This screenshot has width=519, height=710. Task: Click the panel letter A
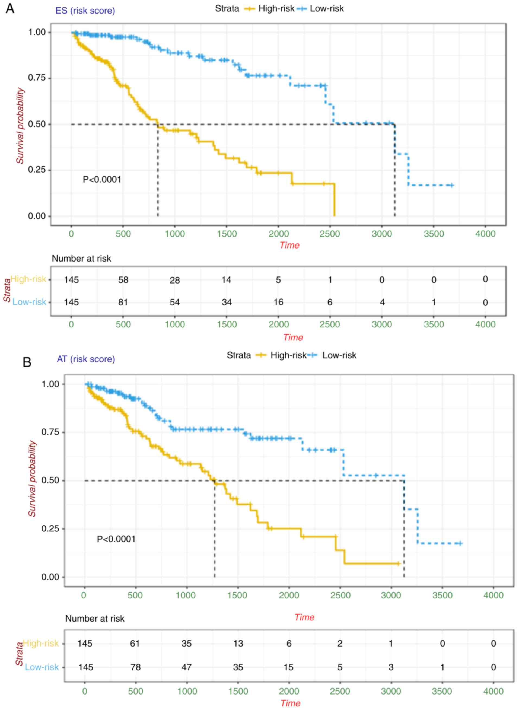(x=10, y=8)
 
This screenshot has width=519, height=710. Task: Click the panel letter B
(x=27, y=362)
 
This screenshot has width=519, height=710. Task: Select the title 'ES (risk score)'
(x=85, y=11)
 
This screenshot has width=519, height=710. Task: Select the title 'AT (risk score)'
(x=86, y=359)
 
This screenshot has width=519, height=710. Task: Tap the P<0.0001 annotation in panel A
(x=102, y=179)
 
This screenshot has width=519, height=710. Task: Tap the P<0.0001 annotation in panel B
(x=116, y=539)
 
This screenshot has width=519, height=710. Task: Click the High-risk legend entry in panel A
(x=276, y=8)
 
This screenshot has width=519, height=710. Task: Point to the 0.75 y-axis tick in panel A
(x=37, y=78)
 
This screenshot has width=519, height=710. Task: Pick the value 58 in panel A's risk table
(x=123, y=280)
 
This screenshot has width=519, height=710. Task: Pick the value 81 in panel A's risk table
(x=123, y=302)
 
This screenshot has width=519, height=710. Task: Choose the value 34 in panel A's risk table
(x=227, y=302)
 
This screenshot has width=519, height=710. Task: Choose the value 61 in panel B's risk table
(x=135, y=644)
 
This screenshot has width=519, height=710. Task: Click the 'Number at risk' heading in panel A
(x=81, y=259)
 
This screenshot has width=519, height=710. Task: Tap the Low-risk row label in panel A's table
(x=29, y=302)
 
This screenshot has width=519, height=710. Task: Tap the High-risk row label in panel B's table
(x=41, y=644)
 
